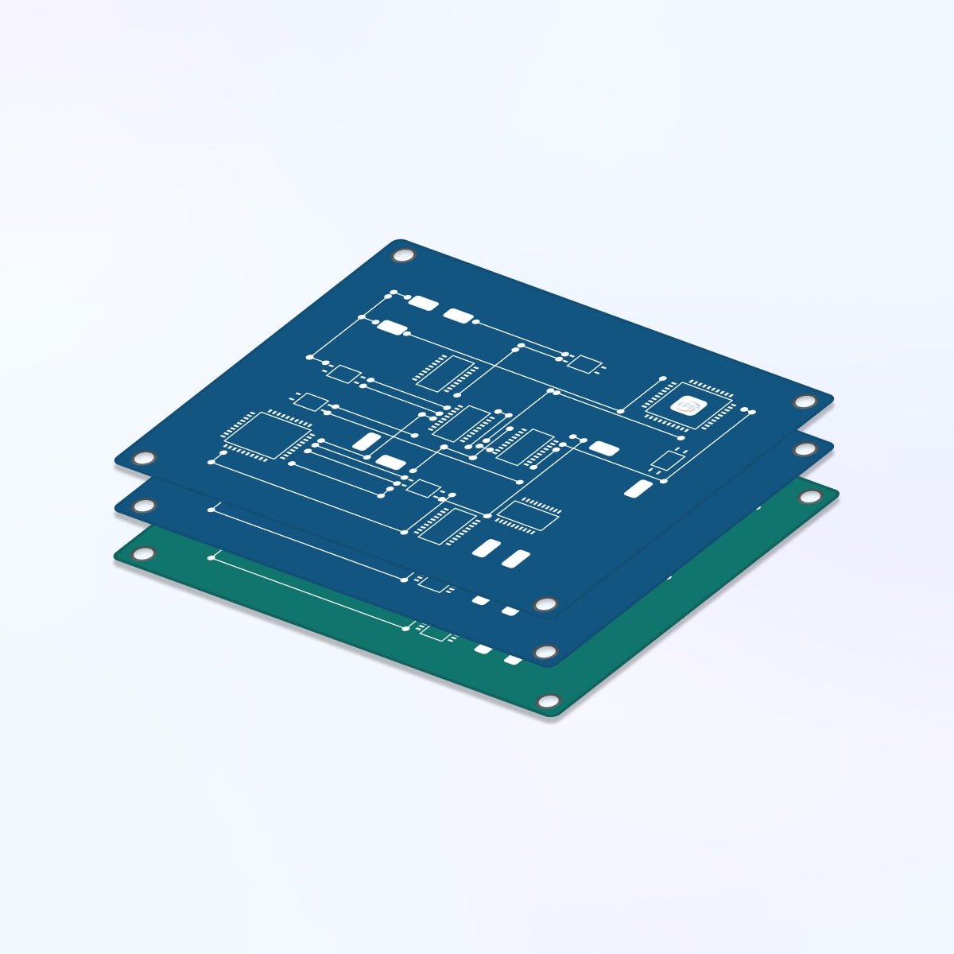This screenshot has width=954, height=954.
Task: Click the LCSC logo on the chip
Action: tap(688, 406)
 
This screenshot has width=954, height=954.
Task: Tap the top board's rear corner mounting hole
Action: tap(404, 256)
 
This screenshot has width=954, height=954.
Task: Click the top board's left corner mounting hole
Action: tap(144, 459)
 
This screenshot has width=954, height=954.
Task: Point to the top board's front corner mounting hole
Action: tap(545, 604)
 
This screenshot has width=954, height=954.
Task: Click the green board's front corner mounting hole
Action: tap(547, 701)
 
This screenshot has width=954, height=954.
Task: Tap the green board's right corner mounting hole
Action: tap(809, 497)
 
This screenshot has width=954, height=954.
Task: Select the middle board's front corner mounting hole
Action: tap(545, 653)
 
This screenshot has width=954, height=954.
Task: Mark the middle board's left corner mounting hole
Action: tap(144, 506)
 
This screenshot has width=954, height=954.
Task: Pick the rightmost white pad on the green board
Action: tap(513, 660)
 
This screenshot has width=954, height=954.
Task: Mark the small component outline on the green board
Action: tap(435, 633)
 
